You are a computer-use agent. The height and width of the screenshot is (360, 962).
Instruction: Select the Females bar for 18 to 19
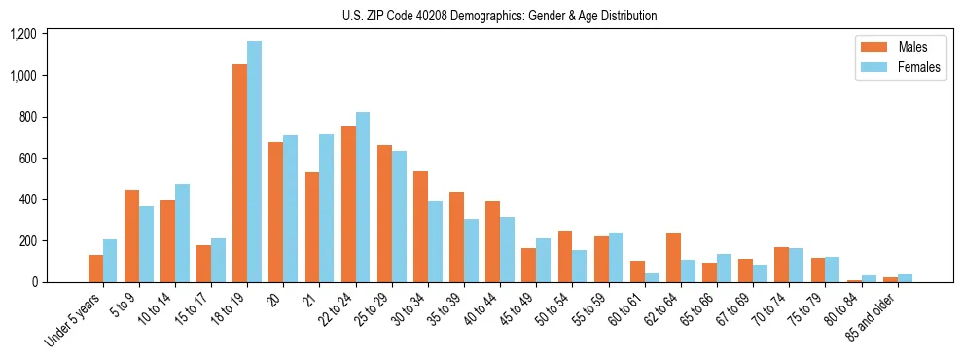(x=254, y=162)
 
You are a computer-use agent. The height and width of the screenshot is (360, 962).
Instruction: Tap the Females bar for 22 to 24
(x=363, y=198)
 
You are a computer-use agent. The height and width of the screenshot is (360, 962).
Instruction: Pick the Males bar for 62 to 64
(x=673, y=258)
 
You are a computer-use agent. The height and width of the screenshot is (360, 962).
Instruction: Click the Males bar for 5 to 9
(x=131, y=236)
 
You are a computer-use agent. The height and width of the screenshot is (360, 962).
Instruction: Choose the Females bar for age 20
(x=290, y=209)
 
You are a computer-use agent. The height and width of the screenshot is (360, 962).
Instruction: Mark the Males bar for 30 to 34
(x=420, y=227)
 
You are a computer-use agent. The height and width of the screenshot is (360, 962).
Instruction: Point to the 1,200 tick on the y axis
(x=22, y=34)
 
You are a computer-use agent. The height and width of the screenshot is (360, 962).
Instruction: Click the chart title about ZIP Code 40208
(x=499, y=16)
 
